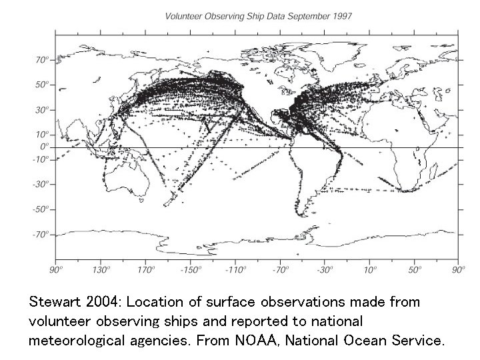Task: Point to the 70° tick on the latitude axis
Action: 42,60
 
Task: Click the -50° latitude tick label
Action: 41,209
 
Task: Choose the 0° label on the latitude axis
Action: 45,146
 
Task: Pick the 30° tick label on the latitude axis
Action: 42,109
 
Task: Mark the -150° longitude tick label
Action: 191,269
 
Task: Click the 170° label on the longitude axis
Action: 146,269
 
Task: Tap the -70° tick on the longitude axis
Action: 281,269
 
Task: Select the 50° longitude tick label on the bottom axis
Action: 415,269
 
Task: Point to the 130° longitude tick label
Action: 101,269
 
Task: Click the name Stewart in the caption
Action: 54,302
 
